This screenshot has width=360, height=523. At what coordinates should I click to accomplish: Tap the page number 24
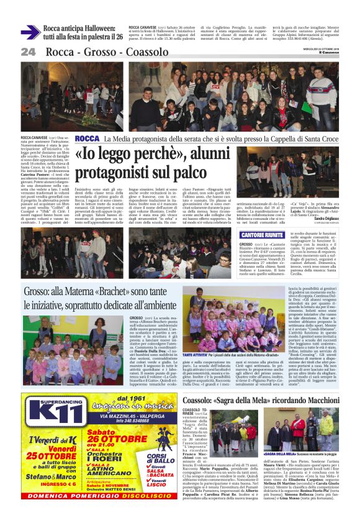[29, 52]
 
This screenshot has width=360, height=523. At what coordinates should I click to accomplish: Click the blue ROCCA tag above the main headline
[86, 138]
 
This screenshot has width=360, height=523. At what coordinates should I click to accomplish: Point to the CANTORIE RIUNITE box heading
[262, 235]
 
